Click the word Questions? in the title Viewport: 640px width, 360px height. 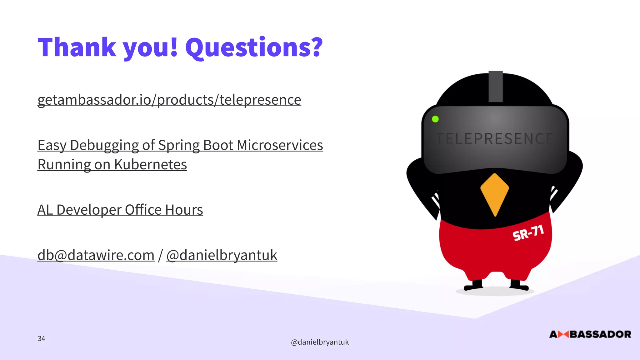click(254, 47)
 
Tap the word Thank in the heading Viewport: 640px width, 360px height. click(77, 47)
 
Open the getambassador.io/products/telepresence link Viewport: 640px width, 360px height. click(169, 100)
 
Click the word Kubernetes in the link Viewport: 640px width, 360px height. click(150, 165)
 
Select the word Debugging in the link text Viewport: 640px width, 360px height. click(104, 145)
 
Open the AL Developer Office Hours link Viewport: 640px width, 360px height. click(120, 210)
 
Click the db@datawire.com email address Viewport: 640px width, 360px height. click(96, 255)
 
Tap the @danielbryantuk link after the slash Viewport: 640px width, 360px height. click(222, 255)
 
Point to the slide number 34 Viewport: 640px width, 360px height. click(41, 338)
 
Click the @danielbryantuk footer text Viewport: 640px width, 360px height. click(320, 342)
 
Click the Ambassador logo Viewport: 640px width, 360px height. click(590, 334)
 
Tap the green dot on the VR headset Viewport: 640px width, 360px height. click(435, 119)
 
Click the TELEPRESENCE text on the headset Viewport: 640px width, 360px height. click(495, 139)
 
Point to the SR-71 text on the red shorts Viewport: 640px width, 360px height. click(528, 233)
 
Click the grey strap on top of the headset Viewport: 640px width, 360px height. click(496, 86)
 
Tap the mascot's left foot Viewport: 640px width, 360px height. click(473, 286)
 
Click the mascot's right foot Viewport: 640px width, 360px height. click(519, 286)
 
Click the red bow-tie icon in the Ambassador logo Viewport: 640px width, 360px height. click(563, 334)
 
